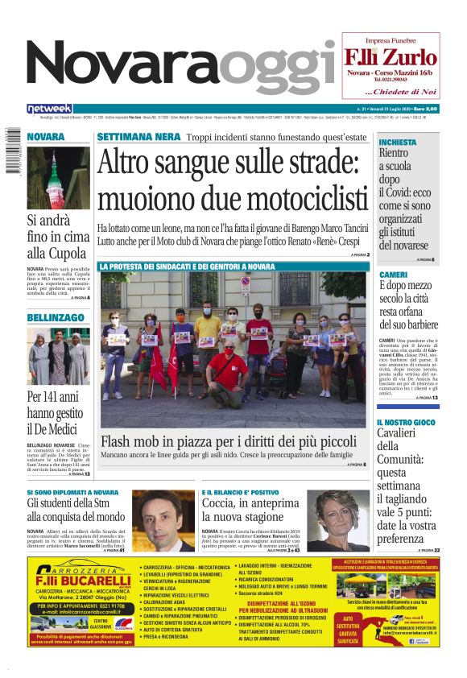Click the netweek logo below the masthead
[x=49, y=109]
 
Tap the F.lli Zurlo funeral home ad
[x=391, y=64]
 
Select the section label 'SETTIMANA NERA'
[x=138, y=137]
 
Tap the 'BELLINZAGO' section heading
[x=56, y=318]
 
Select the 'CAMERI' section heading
[x=394, y=275]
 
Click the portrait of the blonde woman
[x=339, y=519]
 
